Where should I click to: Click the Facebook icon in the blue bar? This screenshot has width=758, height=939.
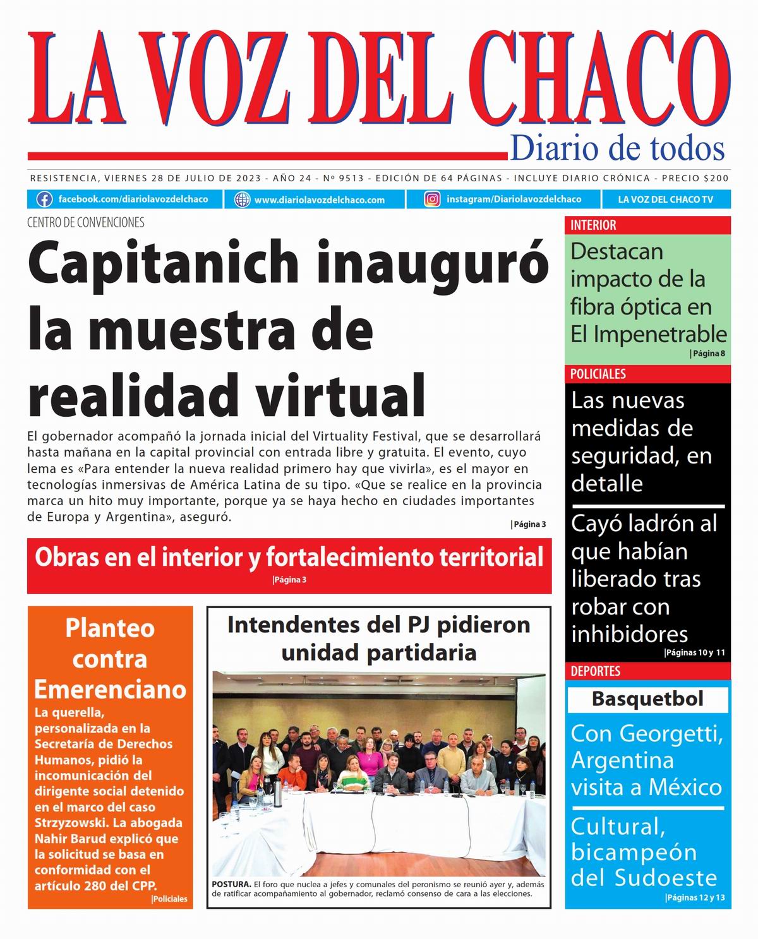click(x=44, y=200)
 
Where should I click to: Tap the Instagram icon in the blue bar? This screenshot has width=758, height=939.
click(x=432, y=200)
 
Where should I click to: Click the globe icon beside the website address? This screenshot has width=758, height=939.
click(x=242, y=200)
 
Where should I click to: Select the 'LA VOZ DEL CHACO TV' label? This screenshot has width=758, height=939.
click(x=665, y=200)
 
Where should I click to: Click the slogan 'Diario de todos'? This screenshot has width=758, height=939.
click(x=617, y=148)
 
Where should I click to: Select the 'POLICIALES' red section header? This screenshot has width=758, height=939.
click(x=598, y=374)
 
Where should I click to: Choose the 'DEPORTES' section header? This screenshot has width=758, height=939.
click(x=595, y=671)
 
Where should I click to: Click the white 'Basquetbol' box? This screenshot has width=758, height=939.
click(x=647, y=699)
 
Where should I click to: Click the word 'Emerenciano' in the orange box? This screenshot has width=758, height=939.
click(x=110, y=689)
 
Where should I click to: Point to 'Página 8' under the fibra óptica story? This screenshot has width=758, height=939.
click(x=708, y=354)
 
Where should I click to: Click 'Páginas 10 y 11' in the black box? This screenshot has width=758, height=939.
click(x=695, y=653)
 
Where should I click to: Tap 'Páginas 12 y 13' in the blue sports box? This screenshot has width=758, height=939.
click(x=695, y=897)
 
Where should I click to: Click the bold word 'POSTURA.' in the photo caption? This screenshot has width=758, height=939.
click(x=232, y=884)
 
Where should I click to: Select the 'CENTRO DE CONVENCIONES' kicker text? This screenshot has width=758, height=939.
click(x=86, y=222)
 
